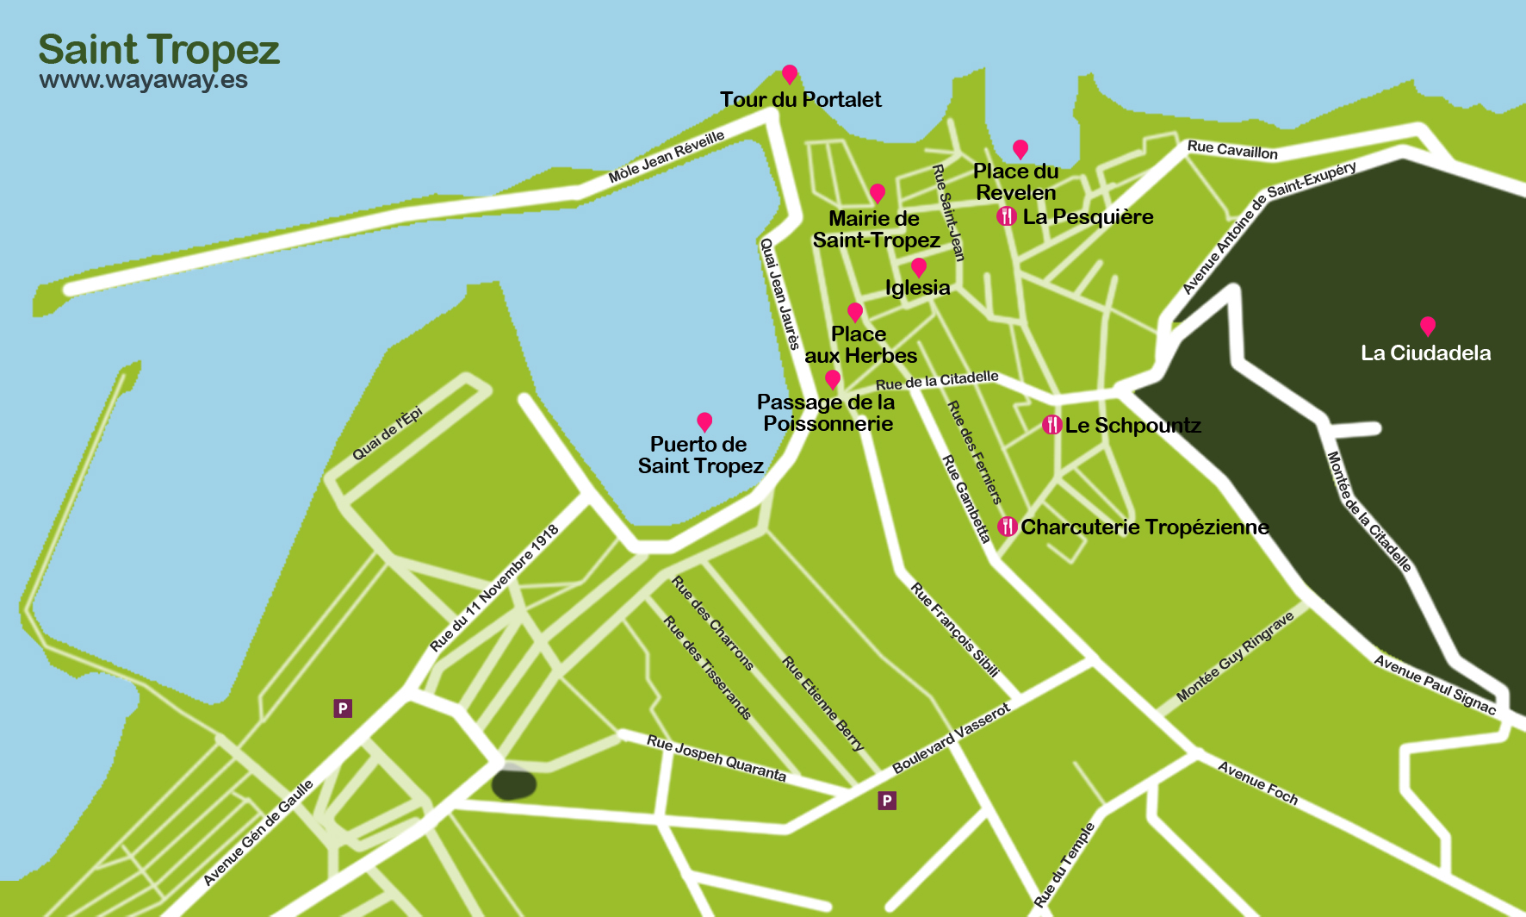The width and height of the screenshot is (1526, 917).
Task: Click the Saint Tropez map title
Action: click(x=158, y=49)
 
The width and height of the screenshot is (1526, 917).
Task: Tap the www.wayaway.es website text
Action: click(x=143, y=80)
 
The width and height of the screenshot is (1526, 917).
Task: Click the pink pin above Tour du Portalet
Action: click(x=789, y=74)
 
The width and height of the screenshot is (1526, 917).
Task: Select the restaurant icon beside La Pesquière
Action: click(x=1006, y=216)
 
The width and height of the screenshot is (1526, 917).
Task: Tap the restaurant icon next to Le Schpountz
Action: click(x=1051, y=424)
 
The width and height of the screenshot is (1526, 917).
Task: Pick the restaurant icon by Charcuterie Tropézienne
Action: click(x=1007, y=526)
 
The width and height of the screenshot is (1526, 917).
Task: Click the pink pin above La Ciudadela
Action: click(x=1427, y=326)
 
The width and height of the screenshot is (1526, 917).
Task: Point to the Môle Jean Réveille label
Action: click(x=666, y=157)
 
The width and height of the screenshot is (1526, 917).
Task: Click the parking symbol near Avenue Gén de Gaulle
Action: click(x=343, y=708)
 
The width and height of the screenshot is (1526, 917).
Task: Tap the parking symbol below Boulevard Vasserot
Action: click(x=886, y=801)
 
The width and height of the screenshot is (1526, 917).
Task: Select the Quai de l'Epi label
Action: click(x=388, y=434)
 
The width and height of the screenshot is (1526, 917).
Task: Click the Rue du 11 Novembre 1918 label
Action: click(x=494, y=588)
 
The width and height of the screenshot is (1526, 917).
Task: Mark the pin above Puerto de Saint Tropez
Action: click(x=704, y=421)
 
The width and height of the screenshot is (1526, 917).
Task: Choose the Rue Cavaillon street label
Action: click(x=1231, y=150)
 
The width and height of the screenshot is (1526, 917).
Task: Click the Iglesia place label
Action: click(x=917, y=288)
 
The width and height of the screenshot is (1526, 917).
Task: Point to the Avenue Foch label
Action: click(x=1256, y=783)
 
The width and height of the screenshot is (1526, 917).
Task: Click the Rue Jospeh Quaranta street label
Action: click(x=716, y=758)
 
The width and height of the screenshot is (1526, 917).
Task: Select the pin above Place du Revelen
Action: click(x=1020, y=149)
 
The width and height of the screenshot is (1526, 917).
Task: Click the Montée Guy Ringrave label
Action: click(x=1234, y=657)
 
